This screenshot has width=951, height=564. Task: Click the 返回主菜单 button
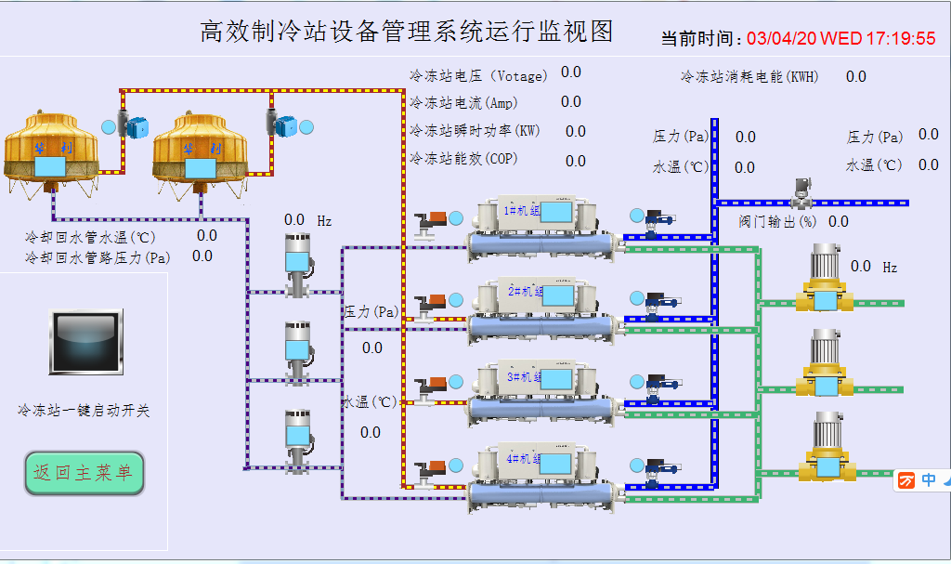(84, 473)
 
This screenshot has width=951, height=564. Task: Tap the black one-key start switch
(86, 342)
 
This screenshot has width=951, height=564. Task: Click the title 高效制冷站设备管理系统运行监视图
(407, 32)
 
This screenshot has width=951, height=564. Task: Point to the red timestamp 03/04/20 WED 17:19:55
(840, 39)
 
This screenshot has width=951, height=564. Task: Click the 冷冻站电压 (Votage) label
(478, 75)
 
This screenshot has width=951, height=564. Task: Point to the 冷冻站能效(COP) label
(464, 159)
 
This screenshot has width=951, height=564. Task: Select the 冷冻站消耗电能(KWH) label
(749, 77)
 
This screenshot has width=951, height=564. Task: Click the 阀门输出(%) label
(777, 222)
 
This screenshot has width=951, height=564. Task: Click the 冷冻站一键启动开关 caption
(84, 410)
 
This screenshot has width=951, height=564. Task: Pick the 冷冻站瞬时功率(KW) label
(475, 131)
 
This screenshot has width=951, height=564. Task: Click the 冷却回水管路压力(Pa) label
(98, 256)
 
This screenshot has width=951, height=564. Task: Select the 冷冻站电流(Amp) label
(463, 102)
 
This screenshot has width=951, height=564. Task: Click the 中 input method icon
(929, 479)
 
